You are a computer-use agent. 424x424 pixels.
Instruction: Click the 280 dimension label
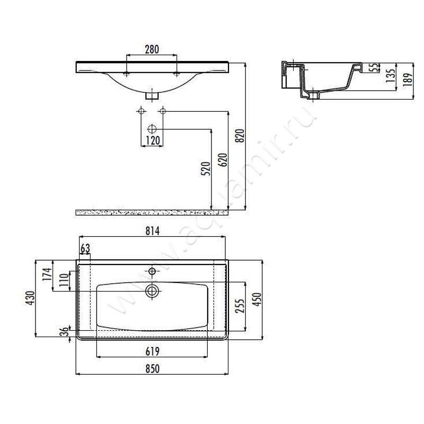[x=152, y=49]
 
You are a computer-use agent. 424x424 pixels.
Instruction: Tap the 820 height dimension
[x=240, y=136]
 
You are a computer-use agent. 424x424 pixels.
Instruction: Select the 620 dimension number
[x=223, y=160]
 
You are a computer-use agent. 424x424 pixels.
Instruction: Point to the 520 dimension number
[x=206, y=169]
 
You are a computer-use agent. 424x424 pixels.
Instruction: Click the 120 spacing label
[x=153, y=140]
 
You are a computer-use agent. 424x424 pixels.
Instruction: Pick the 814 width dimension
[x=153, y=231]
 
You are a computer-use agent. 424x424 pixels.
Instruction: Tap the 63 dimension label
[x=85, y=248]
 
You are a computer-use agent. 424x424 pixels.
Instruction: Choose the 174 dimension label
[x=47, y=274]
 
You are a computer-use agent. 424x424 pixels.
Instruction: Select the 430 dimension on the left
[x=30, y=298]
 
